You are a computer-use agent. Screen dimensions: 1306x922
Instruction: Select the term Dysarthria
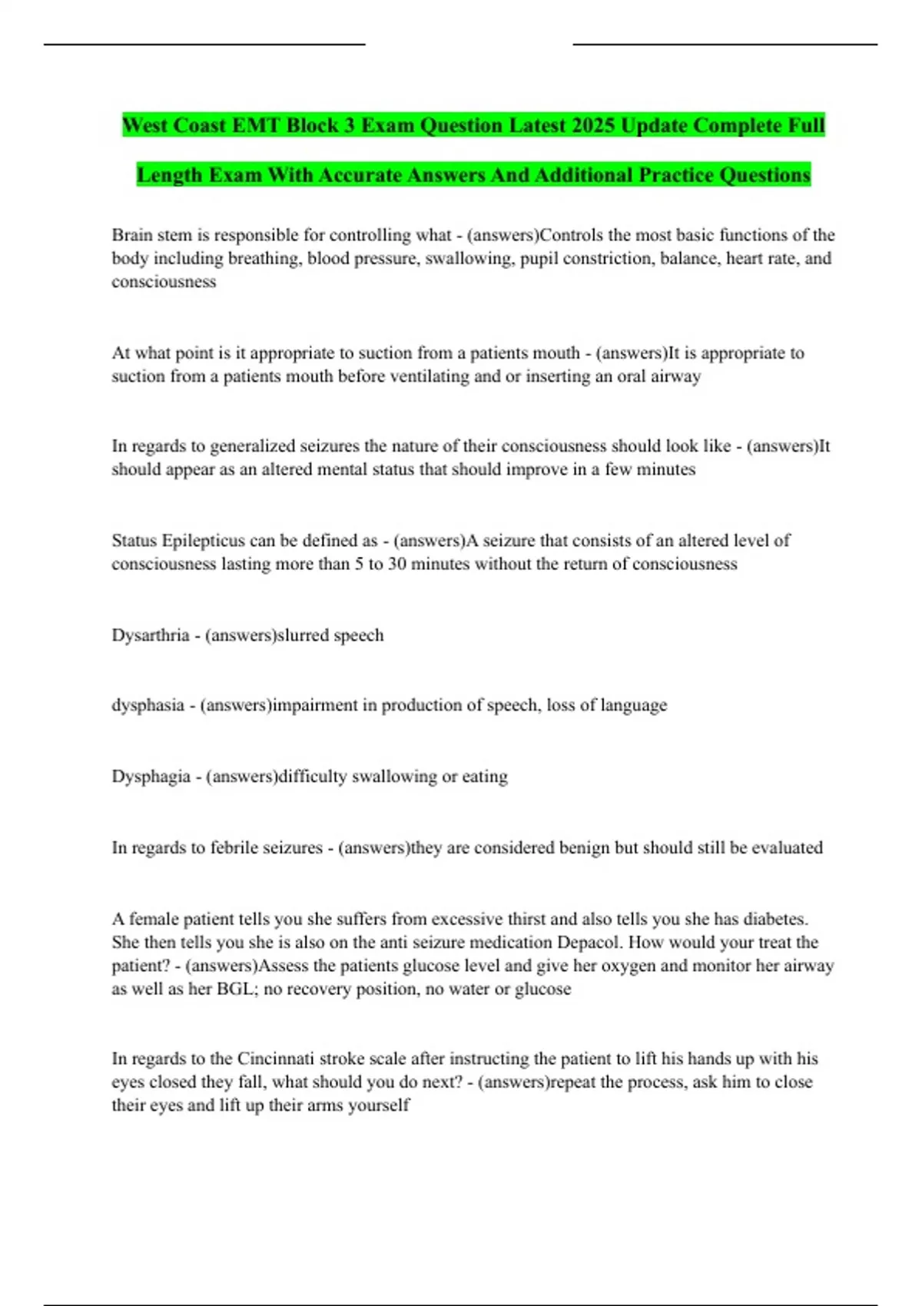click(x=151, y=635)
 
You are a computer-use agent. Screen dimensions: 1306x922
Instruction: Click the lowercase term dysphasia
click(x=148, y=705)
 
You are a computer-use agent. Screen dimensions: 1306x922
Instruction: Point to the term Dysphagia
click(x=151, y=777)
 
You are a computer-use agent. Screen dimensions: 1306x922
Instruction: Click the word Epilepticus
click(x=204, y=541)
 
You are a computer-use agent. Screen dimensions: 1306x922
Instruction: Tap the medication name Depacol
click(x=587, y=943)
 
